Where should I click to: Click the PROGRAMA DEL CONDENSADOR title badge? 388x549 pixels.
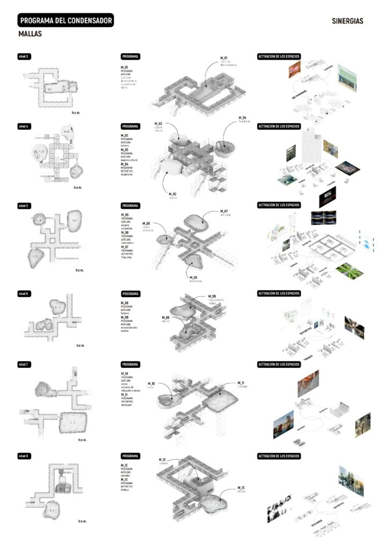click(x=65, y=21)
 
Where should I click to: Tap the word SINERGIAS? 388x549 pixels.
click(x=347, y=21)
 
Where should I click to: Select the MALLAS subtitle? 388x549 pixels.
click(x=30, y=34)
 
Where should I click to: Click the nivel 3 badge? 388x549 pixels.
click(x=25, y=56)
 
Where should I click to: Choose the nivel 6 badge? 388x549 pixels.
click(x=25, y=294)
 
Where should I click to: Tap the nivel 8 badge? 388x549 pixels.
click(x=25, y=456)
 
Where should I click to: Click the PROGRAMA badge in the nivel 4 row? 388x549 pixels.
click(x=130, y=127)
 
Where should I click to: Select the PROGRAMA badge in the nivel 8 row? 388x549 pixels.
click(x=130, y=456)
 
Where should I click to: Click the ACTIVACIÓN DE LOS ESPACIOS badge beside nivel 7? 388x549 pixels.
click(x=279, y=365)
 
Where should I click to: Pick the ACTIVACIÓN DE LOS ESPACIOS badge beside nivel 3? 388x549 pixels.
click(x=279, y=56)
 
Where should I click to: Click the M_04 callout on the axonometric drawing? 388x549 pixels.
click(x=242, y=117)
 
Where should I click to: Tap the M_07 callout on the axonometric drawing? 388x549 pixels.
click(x=224, y=211)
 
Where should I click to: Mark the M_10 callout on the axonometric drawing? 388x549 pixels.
click(x=152, y=384)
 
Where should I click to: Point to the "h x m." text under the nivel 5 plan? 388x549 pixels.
click(x=80, y=270)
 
